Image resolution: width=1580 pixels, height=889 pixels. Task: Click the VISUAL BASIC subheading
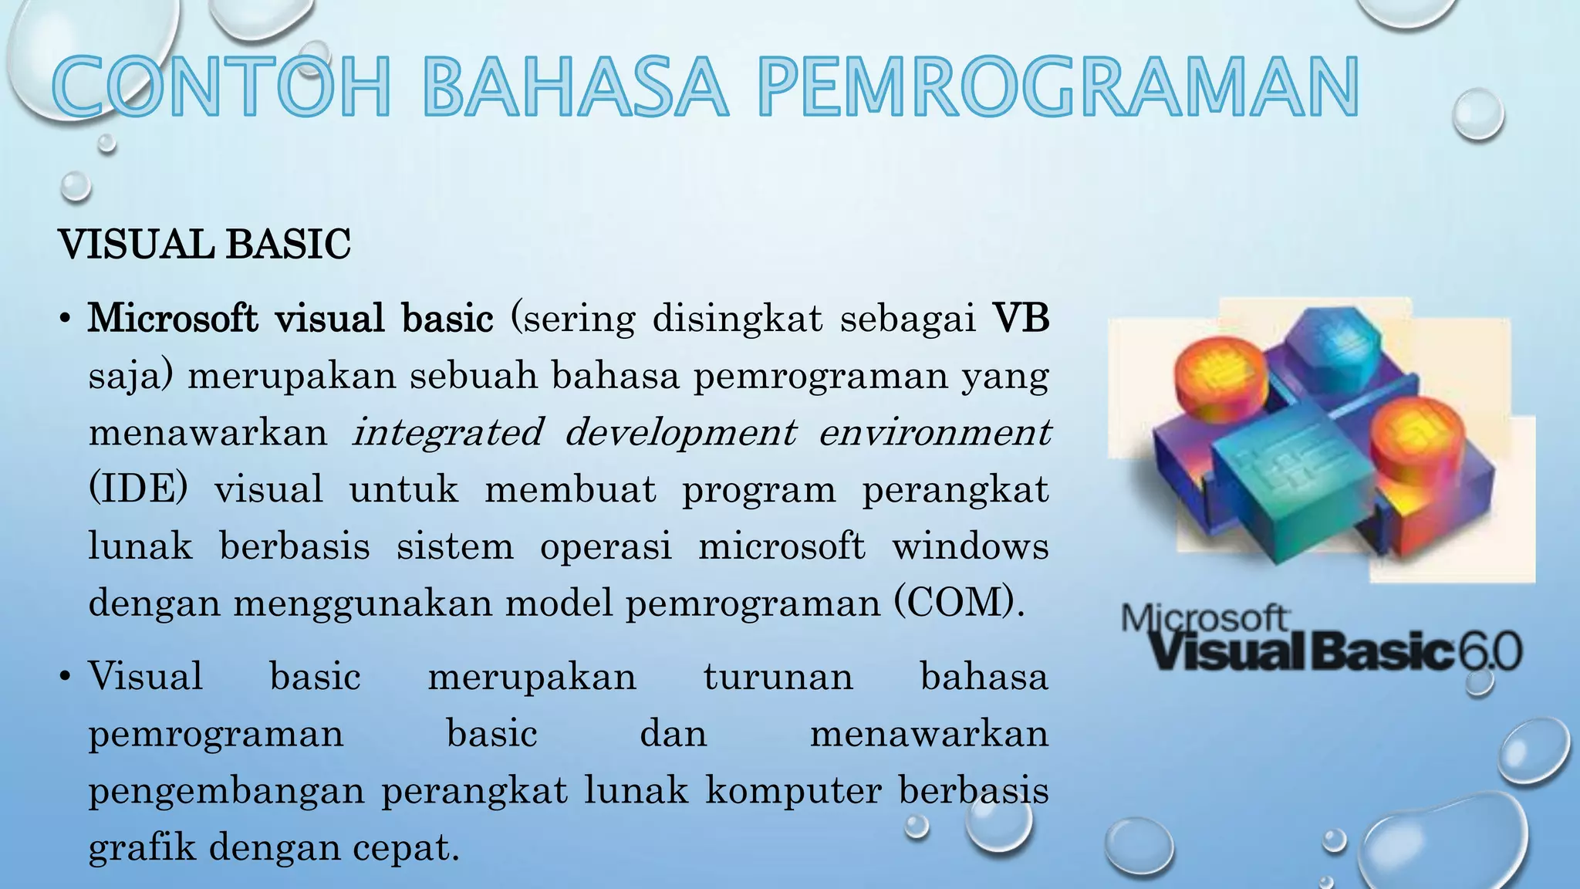(x=204, y=245)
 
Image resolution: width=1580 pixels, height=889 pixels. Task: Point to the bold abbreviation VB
(x=1020, y=318)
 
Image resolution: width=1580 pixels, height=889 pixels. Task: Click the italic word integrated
(x=447, y=432)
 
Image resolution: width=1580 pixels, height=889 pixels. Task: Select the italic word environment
(x=933, y=432)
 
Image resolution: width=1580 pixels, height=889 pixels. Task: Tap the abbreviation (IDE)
(x=138, y=489)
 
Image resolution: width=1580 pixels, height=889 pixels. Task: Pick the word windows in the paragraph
(x=970, y=546)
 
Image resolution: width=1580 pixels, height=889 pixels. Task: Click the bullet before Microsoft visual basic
(x=66, y=319)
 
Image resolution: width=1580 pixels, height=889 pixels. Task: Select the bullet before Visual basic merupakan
(x=66, y=678)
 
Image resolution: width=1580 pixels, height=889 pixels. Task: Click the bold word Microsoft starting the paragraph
(x=172, y=318)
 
